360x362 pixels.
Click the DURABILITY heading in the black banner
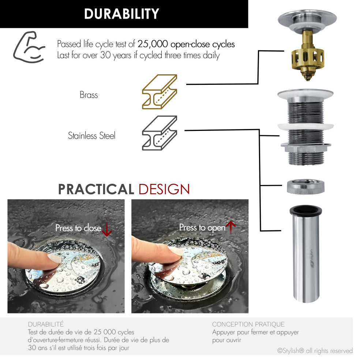pyautogui.click(x=121, y=14)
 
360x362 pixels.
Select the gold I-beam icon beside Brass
pyautogui.click(x=160, y=91)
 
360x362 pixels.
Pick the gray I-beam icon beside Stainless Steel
pyautogui.click(x=160, y=133)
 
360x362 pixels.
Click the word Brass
pyautogui.click(x=89, y=95)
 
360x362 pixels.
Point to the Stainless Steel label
pyautogui.click(x=91, y=136)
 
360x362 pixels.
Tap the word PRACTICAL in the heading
pyautogui.click(x=96, y=189)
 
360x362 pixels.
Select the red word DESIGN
pyautogui.click(x=164, y=189)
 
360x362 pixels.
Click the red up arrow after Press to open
pyautogui.click(x=230, y=227)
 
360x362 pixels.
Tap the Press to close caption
pyautogui.click(x=78, y=228)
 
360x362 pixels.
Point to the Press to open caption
pyautogui.click(x=202, y=227)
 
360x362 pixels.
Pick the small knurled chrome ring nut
pyautogui.click(x=305, y=186)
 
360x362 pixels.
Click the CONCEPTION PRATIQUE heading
pyautogui.click(x=248, y=324)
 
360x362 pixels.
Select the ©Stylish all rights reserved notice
pyautogui.click(x=315, y=351)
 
